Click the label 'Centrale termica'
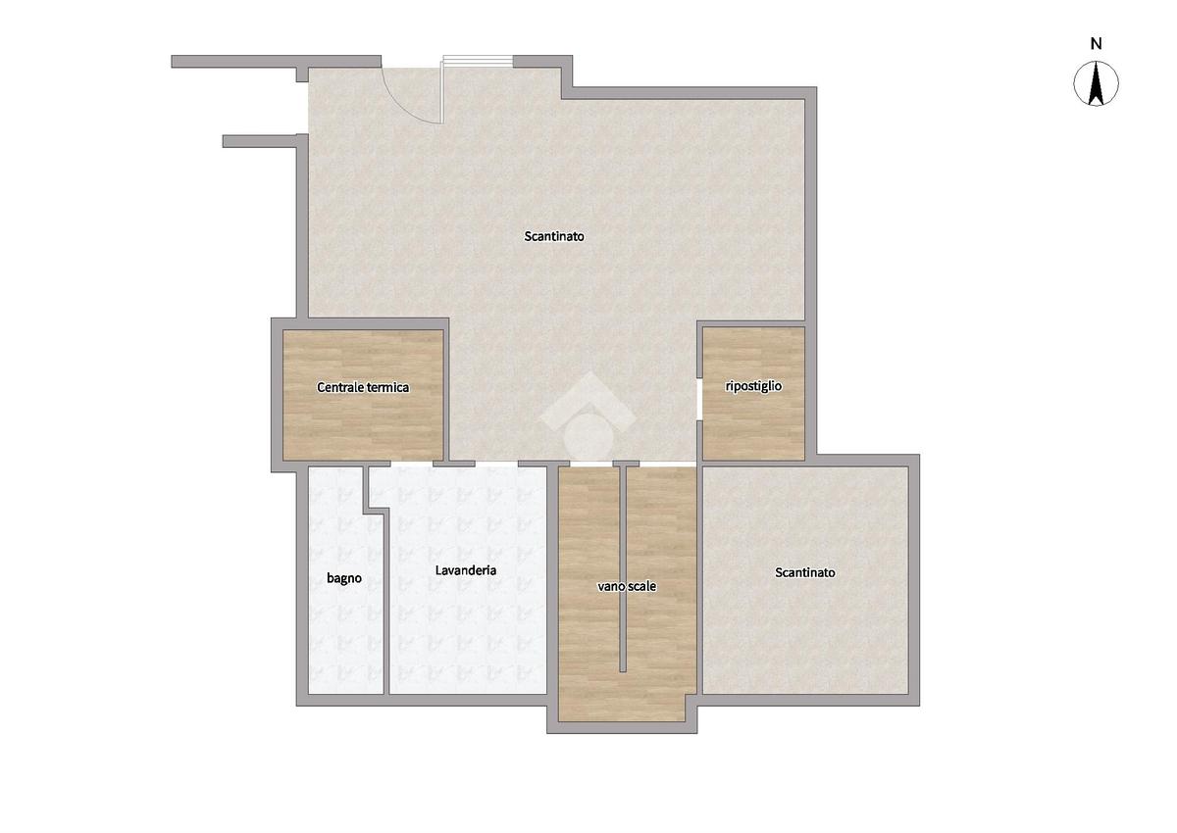coord(363,387)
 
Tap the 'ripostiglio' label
coord(753,386)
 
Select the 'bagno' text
coord(344,578)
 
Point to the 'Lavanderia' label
coord(466,570)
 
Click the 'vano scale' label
coord(627,586)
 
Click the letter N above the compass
coord(1097,44)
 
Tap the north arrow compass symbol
coord(1097,83)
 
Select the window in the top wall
coord(478,62)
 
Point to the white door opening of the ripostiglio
coord(700,399)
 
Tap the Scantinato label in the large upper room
coord(554,236)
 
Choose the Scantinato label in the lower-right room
coord(805,572)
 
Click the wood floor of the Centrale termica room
coord(363,425)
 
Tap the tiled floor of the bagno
coord(344,630)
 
